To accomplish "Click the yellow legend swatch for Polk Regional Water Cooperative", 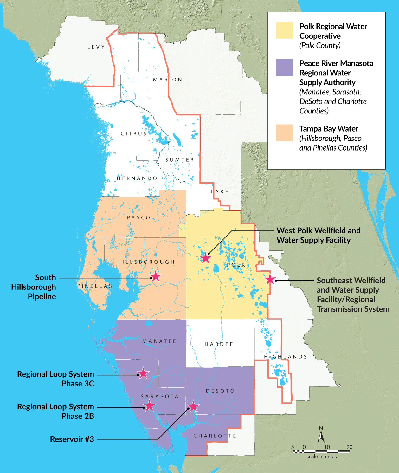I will [284, 30].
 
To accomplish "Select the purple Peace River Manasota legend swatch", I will [284, 67].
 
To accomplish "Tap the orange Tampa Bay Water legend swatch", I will [284, 133].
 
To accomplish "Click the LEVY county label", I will [96, 47].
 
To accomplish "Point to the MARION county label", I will [168, 80].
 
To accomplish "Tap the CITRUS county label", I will [134, 134].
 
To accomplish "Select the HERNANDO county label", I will [137, 178].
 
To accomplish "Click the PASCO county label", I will [139, 218].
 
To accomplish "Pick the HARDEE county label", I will [219, 344].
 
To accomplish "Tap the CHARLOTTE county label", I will [215, 436].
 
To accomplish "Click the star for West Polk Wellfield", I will [206, 258].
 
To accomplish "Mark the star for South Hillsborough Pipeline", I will [156, 276].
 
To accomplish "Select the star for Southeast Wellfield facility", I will [270, 279].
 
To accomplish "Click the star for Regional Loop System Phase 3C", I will [143, 373].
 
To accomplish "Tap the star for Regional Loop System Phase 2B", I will [149, 405].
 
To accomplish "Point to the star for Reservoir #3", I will [193, 406].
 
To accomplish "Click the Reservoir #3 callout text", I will [72, 439].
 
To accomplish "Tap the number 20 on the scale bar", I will [349, 447].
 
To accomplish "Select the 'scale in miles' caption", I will [321, 457].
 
